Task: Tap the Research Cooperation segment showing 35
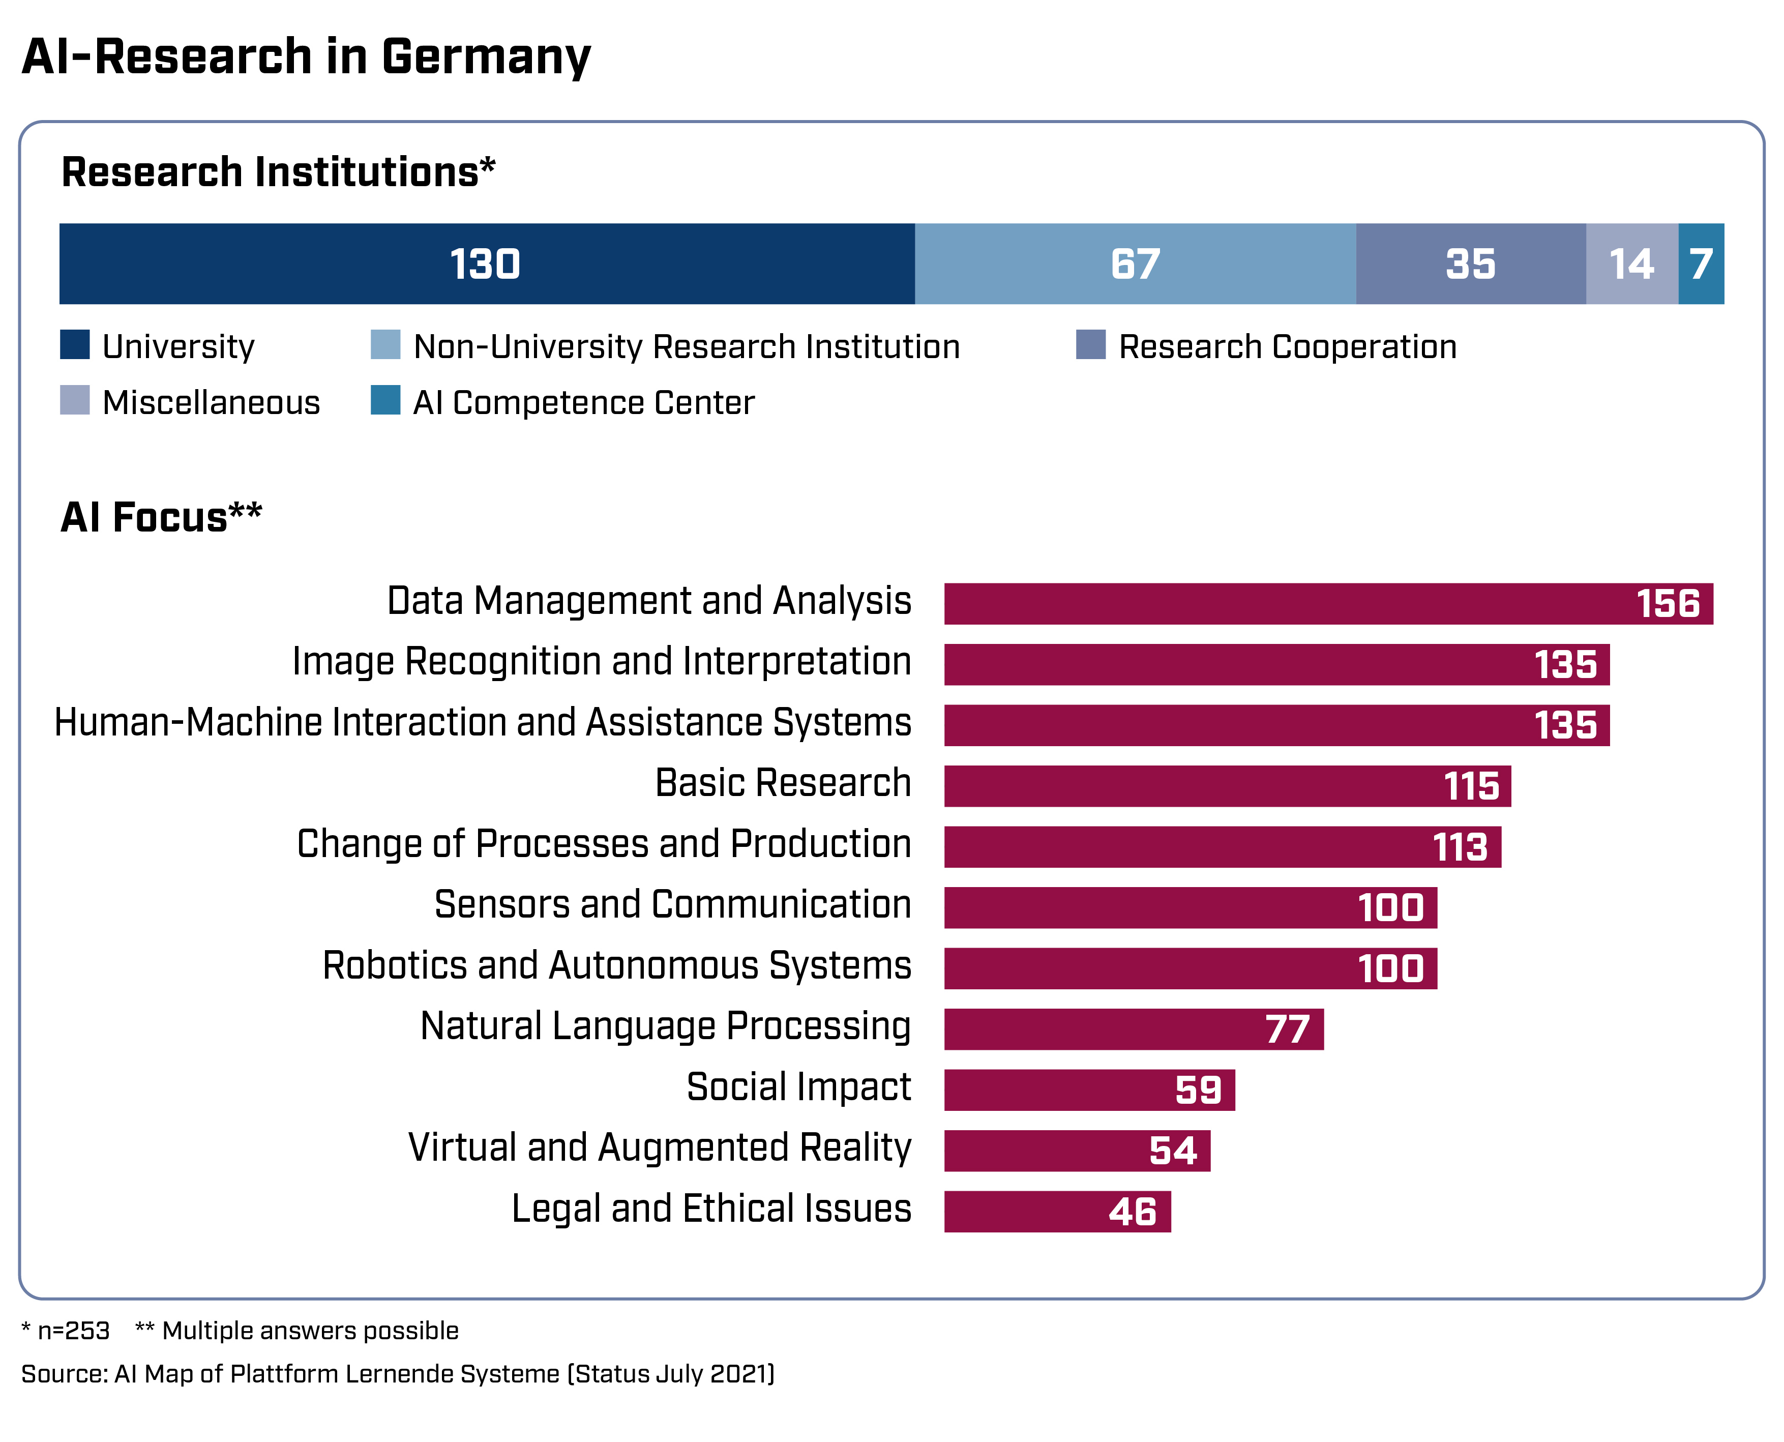point(1470,263)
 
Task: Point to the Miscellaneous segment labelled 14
point(1631,263)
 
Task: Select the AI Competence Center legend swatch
point(385,400)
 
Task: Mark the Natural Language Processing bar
point(1133,1029)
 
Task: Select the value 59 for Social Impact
point(1198,1090)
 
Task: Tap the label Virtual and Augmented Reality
point(660,1148)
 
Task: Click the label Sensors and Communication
point(673,904)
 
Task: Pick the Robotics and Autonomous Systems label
point(616,966)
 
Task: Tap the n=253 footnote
point(73,1331)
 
